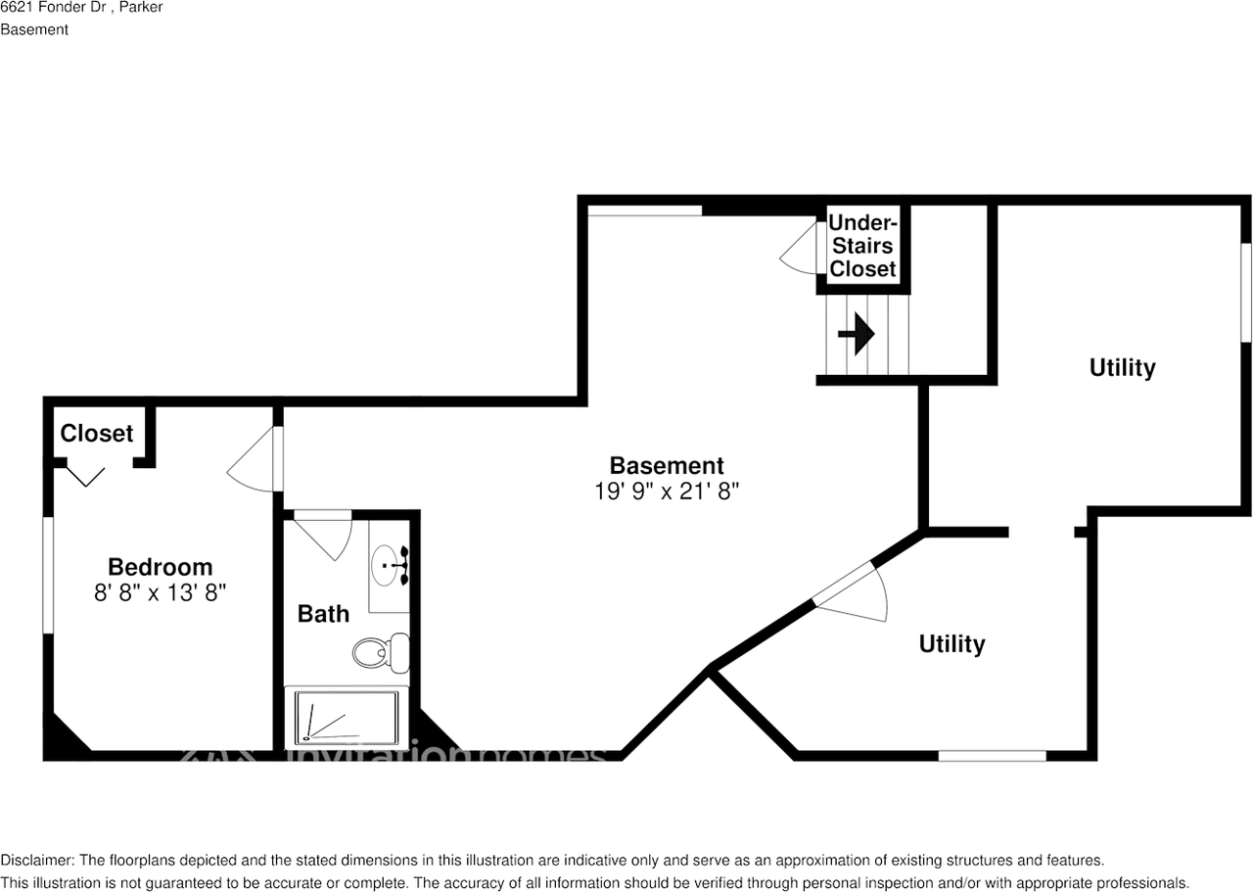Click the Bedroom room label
tap(160, 567)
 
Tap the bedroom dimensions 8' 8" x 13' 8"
tap(160, 592)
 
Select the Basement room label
tap(667, 466)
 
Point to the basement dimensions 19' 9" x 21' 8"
tap(667, 492)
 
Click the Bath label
tap(323, 614)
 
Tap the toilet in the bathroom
tap(382, 652)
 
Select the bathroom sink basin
tap(386, 565)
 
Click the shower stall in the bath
tap(347, 718)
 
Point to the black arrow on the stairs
tap(857, 334)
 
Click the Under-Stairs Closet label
tap(862, 246)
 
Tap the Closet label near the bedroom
tap(97, 433)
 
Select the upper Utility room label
tap(1122, 367)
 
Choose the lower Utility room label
tap(952, 643)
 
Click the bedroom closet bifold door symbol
tap(85, 477)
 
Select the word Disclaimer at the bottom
tap(37, 860)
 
